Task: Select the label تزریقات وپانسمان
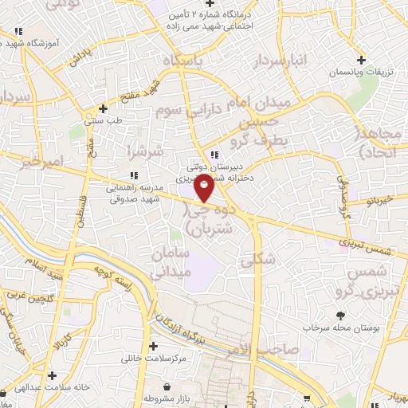(x=362, y=73)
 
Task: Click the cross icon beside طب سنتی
(x=102, y=108)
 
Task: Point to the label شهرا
(x=145, y=150)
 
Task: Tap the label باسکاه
(x=184, y=61)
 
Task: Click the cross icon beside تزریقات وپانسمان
(x=362, y=60)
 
